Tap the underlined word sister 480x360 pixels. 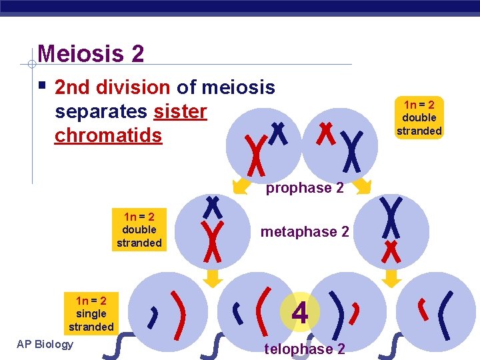click(180, 111)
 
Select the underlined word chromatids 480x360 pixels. click(108, 135)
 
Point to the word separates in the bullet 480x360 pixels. click(101, 111)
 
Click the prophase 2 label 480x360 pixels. click(305, 188)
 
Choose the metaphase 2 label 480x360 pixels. click(305, 232)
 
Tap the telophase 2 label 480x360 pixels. click(305, 349)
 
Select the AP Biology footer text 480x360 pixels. click(45, 344)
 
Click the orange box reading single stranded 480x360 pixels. click(91, 313)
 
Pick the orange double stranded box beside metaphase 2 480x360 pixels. click(139, 229)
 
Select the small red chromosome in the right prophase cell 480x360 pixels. click(325, 133)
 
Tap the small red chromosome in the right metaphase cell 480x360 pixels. click(390, 253)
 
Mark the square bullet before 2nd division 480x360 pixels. click(42, 86)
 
